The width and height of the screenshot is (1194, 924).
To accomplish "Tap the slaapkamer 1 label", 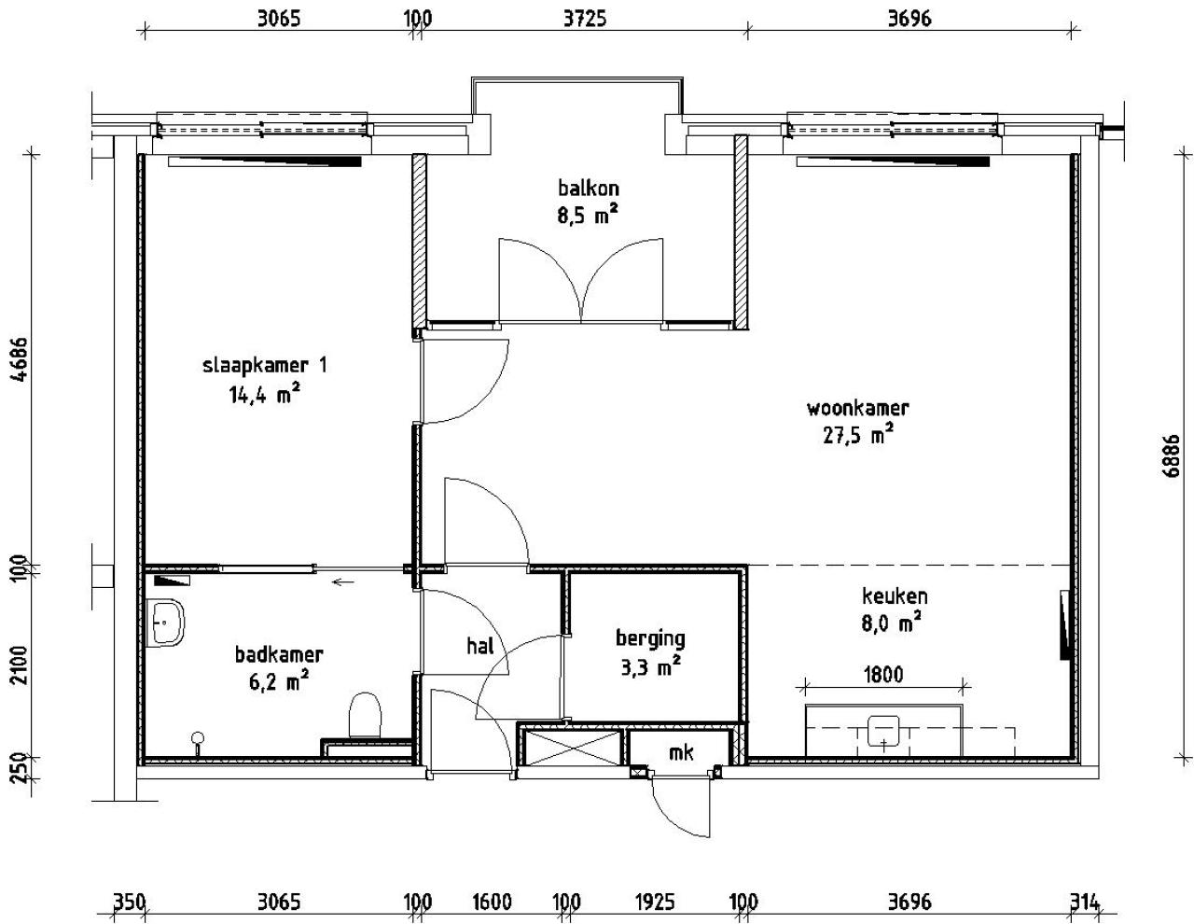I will [265, 365].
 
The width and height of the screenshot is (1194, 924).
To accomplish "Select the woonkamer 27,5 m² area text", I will [857, 435].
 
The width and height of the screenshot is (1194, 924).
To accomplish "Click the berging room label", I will [649, 638].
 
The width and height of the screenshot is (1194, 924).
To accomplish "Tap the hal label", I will [479, 645].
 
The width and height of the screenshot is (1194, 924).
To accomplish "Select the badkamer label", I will [279, 654].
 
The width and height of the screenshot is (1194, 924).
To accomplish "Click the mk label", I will [681, 752].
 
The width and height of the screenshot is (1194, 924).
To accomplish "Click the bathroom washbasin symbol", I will [168, 620].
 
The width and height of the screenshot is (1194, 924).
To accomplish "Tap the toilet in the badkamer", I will [365, 717].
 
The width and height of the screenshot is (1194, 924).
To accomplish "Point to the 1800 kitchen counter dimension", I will [882, 674].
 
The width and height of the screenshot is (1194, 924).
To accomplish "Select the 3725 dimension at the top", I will [585, 18].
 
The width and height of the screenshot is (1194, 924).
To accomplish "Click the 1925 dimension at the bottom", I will [655, 902].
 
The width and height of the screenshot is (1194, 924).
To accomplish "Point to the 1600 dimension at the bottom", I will [492, 902].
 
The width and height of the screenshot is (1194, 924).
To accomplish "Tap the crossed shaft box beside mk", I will [570, 749].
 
